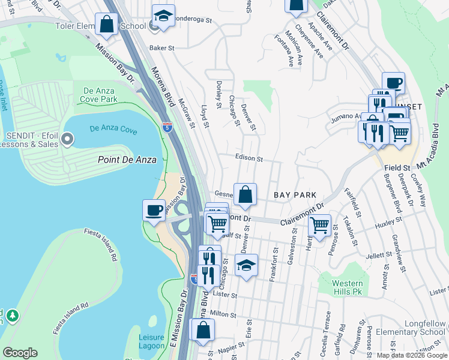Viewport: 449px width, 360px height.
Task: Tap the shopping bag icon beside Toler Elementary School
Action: (x=107, y=25)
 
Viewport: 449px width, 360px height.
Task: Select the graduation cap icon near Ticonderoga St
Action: (x=163, y=16)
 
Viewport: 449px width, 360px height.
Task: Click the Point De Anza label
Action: (x=127, y=160)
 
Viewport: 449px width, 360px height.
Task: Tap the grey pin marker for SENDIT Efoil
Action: (x=67, y=140)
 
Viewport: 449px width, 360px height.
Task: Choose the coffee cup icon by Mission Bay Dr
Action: (x=154, y=210)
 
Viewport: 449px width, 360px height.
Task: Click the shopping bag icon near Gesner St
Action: (x=245, y=194)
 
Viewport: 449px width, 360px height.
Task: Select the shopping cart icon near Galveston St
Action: (x=320, y=226)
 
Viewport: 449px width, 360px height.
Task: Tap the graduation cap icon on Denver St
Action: (x=246, y=265)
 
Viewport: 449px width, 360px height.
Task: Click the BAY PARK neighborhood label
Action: (x=295, y=196)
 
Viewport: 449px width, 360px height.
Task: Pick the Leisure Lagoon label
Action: (x=151, y=341)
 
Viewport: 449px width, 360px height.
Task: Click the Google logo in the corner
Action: (x=20, y=353)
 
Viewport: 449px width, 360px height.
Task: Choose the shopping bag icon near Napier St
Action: (x=203, y=330)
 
